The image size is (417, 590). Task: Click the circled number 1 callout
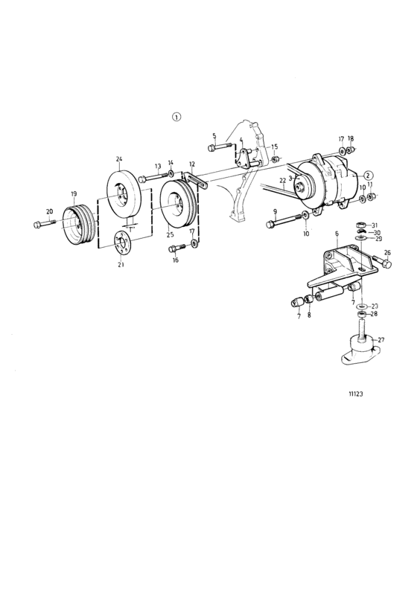coord(176,117)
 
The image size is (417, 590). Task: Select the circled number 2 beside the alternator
coord(368,175)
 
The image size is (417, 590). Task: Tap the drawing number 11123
coord(356,394)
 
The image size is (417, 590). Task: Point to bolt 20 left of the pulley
coord(45,223)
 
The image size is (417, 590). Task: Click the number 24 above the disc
coord(119,159)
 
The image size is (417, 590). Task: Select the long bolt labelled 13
coord(153,176)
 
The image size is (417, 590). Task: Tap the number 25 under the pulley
coord(170,234)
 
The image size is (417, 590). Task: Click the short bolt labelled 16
coord(176,248)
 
